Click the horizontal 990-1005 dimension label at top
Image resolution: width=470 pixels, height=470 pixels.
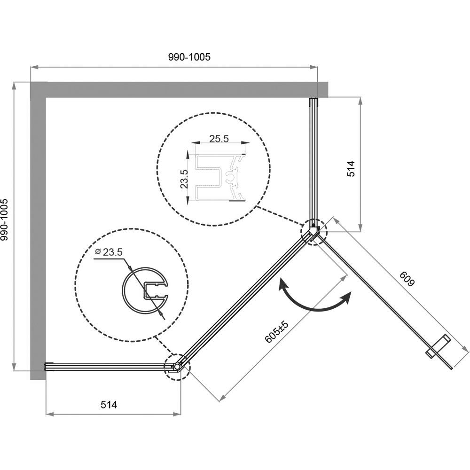pos(189,57)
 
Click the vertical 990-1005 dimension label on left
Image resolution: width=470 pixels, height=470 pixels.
pos(5,215)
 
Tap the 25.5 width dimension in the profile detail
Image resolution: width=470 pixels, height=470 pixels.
pos(219,139)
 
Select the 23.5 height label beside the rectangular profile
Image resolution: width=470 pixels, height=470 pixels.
pos(184,179)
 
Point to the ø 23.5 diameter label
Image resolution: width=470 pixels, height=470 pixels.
pos(109,252)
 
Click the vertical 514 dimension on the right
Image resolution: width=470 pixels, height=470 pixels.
pos(351,169)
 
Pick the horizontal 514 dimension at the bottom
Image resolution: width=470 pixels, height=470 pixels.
pos(109,405)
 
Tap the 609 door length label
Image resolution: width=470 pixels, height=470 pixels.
pos(407,279)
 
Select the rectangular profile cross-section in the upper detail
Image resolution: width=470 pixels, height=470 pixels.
pos(220,178)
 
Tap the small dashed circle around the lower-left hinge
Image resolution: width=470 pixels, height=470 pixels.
pos(178,367)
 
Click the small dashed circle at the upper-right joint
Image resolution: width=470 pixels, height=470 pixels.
pos(313,231)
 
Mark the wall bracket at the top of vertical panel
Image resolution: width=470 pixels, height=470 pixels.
pos(313,102)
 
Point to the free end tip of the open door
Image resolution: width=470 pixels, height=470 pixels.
pos(451,368)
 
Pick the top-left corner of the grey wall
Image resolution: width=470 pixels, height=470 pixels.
pos(30,81)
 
